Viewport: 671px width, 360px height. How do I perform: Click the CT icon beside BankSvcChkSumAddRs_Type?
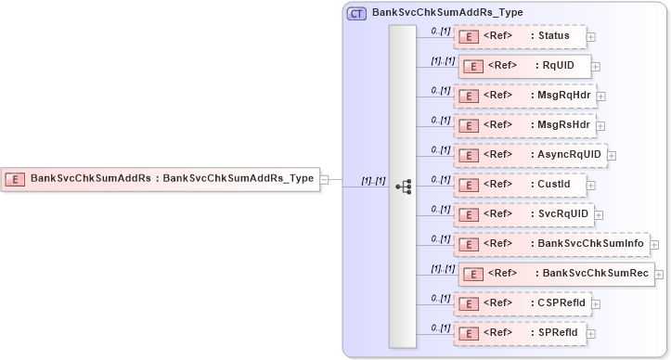pyautogui.click(x=356, y=13)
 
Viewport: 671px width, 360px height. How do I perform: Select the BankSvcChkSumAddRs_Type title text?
pyautogui.click(x=446, y=13)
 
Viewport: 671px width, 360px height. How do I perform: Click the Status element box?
pyautogui.click(x=520, y=36)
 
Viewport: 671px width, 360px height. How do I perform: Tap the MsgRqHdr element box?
pyautogui.click(x=524, y=96)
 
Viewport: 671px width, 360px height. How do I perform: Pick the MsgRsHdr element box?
pyautogui.click(x=524, y=124)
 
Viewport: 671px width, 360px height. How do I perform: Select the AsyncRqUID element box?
pyautogui.click(x=529, y=155)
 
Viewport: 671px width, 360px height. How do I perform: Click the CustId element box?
pyautogui.click(x=520, y=184)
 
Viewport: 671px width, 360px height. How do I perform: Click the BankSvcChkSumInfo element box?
pyautogui.click(x=551, y=243)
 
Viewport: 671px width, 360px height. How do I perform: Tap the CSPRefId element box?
pyautogui.click(x=522, y=302)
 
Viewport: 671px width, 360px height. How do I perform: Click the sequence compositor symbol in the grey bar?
pyautogui.click(x=403, y=186)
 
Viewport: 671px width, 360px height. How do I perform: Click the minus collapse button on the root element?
pyautogui.click(x=325, y=179)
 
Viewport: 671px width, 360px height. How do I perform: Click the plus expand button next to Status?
pyautogui.click(x=591, y=37)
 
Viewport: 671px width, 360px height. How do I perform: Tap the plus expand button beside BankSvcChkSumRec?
pyautogui.click(x=661, y=274)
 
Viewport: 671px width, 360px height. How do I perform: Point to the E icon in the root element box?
pyautogui.click(x=15, y=179)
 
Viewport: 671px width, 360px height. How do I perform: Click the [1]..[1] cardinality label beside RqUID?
pyautogui.click(x=442, y=60)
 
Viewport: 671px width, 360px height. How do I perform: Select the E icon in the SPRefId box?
pyautogui.click(x=471, y=333)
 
